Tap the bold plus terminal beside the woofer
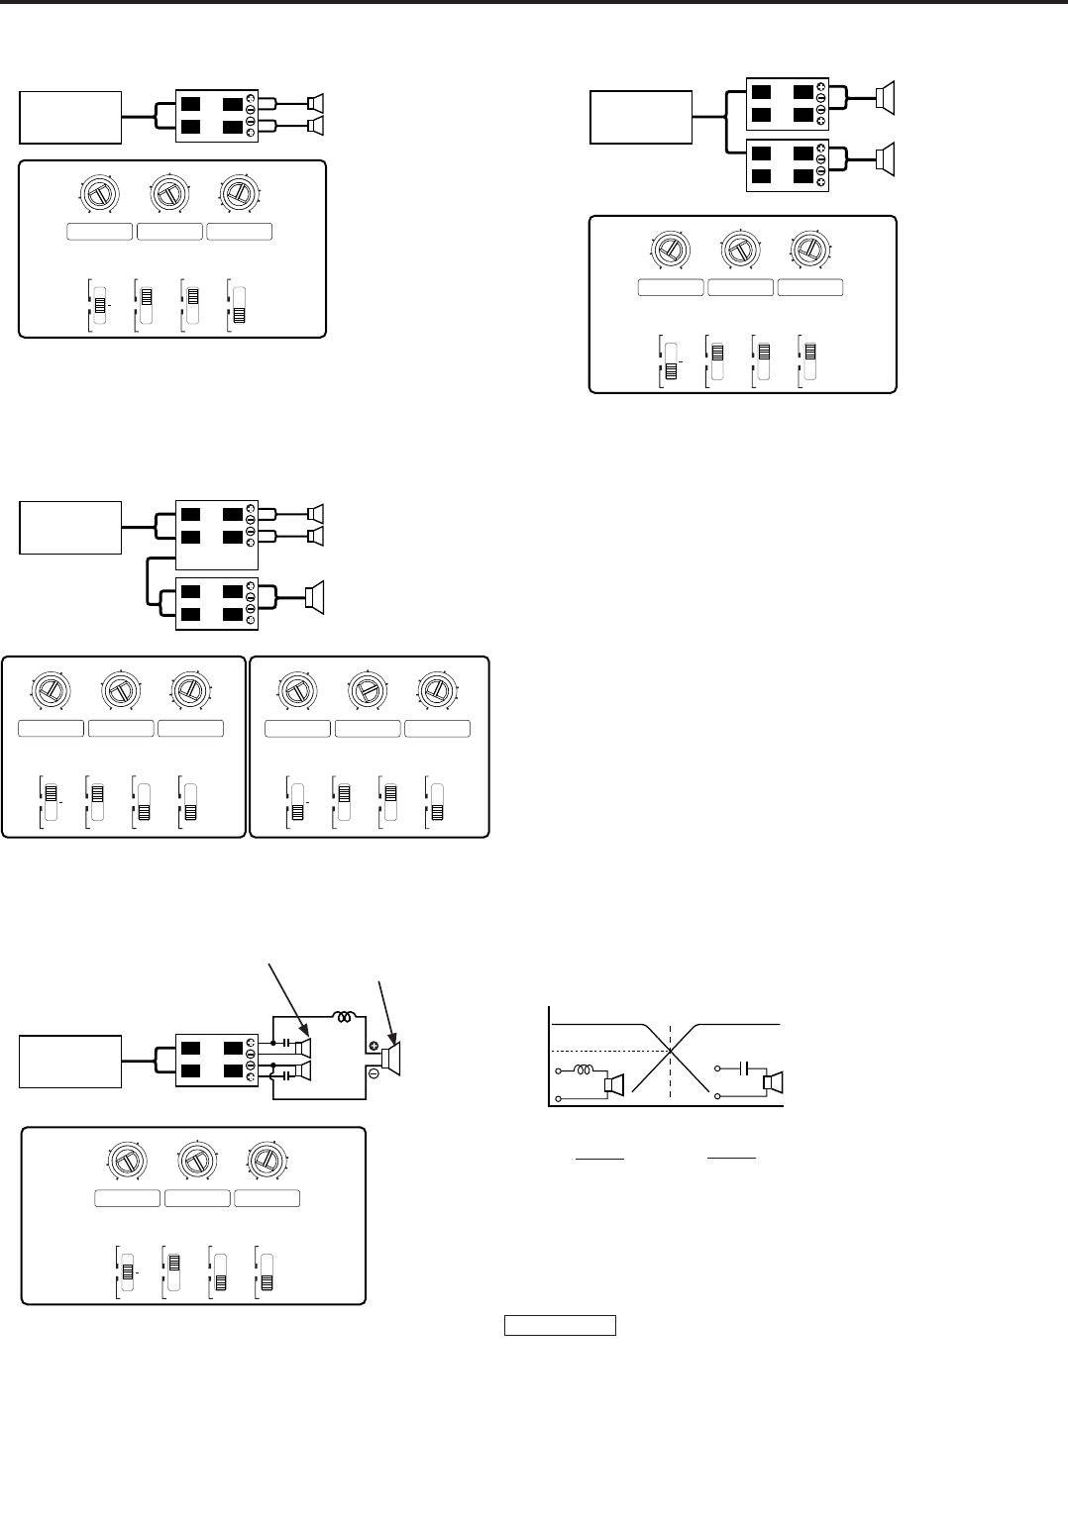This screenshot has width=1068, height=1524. [x=375, y=1046]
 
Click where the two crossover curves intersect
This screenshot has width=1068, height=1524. [x=672, y=1050]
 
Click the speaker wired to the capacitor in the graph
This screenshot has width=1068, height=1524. [x=771, y=1083]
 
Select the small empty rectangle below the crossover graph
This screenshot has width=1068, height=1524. [x=561, y=1325]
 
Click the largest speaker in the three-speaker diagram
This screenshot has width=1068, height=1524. [x=314, y=598]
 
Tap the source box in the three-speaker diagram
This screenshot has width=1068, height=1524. [x=70, y=527]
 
